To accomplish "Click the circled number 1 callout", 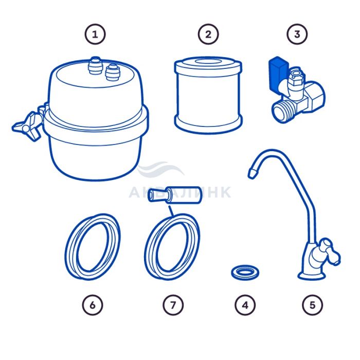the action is click(95, 34).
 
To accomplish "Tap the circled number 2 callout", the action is click(208, 34).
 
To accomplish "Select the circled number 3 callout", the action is click(297, 34).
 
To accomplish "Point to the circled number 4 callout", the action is click(245, 305).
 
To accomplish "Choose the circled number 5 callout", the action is click(312, 305).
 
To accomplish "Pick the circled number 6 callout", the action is click(93, 305).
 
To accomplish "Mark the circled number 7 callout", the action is click(173, 305).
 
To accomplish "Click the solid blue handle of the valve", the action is click(278, 74).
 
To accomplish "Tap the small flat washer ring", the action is click(245, 273).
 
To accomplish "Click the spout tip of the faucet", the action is click(252, 173).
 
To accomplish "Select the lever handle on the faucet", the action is click(330, 252).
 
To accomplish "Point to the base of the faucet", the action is click(312, 275).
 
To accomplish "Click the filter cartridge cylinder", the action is click(208, 95).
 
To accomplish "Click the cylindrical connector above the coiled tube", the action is click(175, 195).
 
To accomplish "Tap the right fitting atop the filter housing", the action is click(112, 72).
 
